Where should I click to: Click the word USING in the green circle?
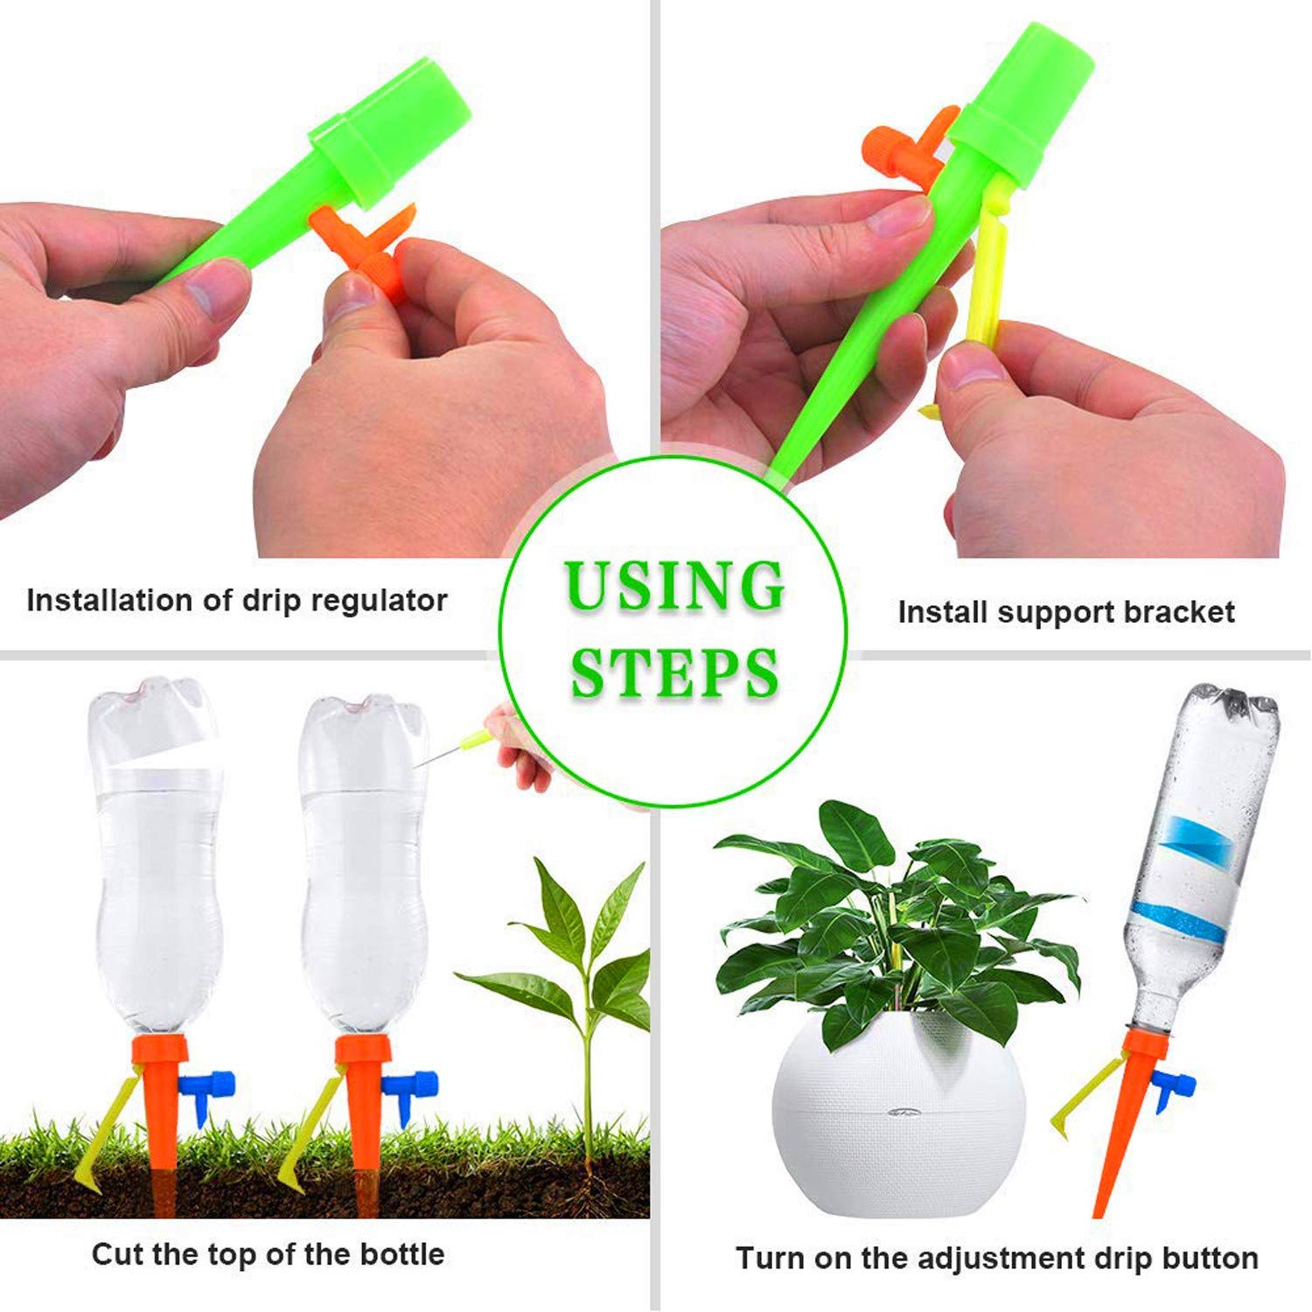[x=674, y=586]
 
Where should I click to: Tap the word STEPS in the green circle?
[x=674, y=672]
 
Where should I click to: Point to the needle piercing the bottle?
[x=446, y=752]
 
